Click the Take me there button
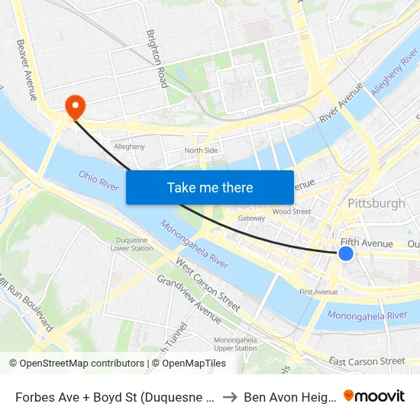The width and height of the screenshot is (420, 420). pyautogui.click(x=210, y=187)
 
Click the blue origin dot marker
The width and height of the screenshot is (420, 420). pyautogui.click(x=346, y=253)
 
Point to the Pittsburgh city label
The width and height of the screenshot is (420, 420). pyautogui.click(x=376, y=203)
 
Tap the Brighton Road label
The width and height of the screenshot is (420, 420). pyautogui.click(x=157, y=60)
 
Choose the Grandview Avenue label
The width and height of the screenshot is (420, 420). pyautogui.click(x=189, y=299)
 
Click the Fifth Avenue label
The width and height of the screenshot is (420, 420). pyautogui.click(x=367, y=244)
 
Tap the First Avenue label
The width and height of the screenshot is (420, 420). pyautogui.click(x=318, y=292)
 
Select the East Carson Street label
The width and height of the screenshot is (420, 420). pyautogui.click(x=367, y=361)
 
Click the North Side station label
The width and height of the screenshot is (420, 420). pyautogui.click(x=202, y=150)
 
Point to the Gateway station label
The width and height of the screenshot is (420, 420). pyautogui.click(x=251, y=218)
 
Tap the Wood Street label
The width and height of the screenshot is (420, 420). pyautogui.click(x=291, y=212)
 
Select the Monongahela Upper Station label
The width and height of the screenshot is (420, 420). pyautogui.click(x=235, y=344)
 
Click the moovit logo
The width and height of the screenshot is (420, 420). pyautogui.click(x=374, y=396)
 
